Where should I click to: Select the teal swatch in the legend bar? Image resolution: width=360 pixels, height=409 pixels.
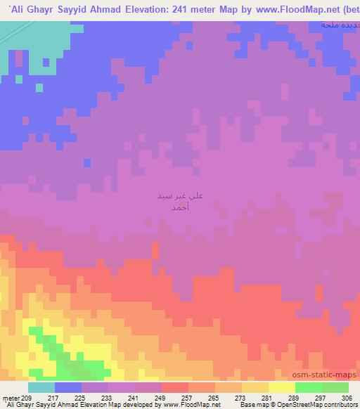point(41,387)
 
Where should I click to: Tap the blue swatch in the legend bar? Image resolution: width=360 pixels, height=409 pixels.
point(68,387)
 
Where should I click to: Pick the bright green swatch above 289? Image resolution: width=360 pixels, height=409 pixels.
point(308,387)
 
